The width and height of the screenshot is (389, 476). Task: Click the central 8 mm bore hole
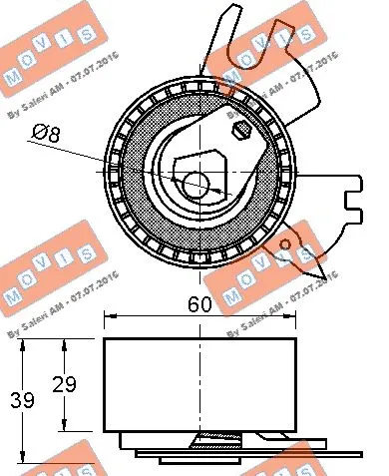[x=195, y=184]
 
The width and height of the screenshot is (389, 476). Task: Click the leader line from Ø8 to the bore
[x=120, y=159]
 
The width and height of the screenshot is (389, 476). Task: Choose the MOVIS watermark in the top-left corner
[x=45, y=55]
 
